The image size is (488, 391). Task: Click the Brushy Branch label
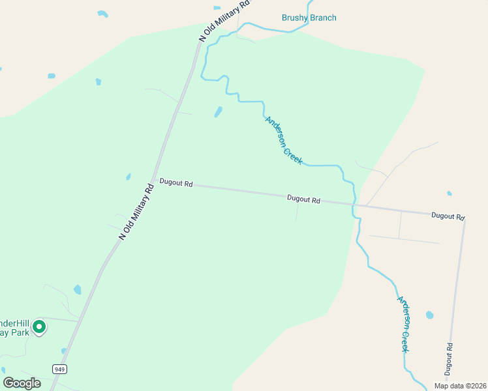coord(309,18)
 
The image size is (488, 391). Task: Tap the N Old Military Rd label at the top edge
coord(225,22)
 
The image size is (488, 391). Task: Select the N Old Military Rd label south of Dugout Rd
coord(136,211)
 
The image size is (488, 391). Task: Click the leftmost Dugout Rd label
coord(176,184)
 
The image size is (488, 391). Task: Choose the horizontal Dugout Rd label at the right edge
coord(448,216)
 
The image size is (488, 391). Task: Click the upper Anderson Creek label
coord(284,140)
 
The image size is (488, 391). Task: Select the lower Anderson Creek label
coord(405,324)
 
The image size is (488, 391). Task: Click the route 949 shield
coord(59,369)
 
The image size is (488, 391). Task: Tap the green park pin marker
coord(39,326)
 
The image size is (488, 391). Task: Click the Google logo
coord(22,383)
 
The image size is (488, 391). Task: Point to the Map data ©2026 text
coord(460,386)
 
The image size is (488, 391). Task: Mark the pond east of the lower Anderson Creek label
coord(429,315)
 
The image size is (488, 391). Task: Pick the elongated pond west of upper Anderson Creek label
coord(218,112)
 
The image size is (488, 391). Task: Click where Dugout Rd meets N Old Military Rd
coord(157,182)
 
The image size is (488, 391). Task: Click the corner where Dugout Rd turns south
coord(464,220)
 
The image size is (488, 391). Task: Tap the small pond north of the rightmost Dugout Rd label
coord(449,193)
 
